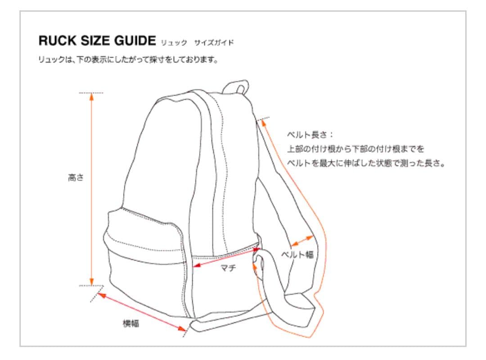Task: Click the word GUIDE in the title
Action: tap(135, 41)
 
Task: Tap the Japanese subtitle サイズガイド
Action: tap(214, 43)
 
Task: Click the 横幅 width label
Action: tap(131, 323)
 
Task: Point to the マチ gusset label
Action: tap(228, 269)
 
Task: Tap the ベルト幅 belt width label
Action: tap(297, 255)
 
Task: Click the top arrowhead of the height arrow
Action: tap(91, 96)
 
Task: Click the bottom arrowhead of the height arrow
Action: tap(91, 282)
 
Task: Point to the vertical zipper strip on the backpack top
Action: tap(220, 148)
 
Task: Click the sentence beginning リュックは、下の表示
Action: tap(128, 59)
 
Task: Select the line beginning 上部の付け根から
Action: tap(355, 148)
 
